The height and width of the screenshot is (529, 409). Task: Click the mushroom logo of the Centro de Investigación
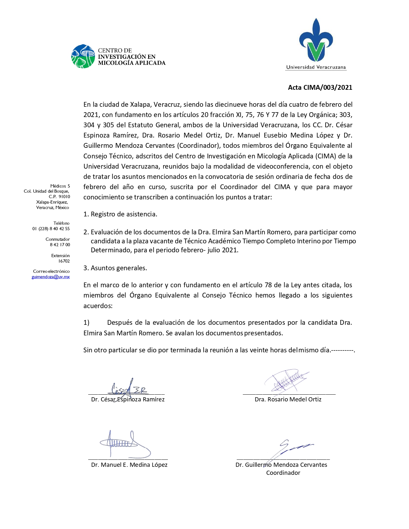coord(83,56)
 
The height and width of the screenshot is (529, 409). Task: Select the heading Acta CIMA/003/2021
coord(320,88)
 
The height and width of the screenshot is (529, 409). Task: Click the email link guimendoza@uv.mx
coord(51,277)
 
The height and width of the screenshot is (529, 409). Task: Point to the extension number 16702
coord(64,261)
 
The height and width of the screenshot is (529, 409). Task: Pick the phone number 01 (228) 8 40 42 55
coord(51,229)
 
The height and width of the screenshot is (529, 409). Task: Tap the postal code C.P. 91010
coord(59,197)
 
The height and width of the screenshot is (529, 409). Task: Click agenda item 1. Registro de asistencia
coord(120,214)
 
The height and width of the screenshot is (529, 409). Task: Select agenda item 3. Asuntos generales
coord(115,268)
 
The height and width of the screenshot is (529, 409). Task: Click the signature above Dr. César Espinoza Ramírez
coord(128,388)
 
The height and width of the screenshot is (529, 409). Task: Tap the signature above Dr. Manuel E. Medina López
coord(124,444)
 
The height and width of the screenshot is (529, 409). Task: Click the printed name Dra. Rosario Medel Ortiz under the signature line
coord(288,399)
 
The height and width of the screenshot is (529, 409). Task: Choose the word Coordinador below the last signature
coord(283,473)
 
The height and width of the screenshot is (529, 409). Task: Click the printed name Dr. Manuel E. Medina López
coord(129,465)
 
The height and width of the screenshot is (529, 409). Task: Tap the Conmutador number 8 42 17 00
coord(60,245)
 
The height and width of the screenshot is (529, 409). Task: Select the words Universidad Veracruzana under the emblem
coord(316,67)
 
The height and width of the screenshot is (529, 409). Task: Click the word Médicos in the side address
coord(58,186)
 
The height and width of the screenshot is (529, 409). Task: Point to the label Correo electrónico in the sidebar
coord(51,271)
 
